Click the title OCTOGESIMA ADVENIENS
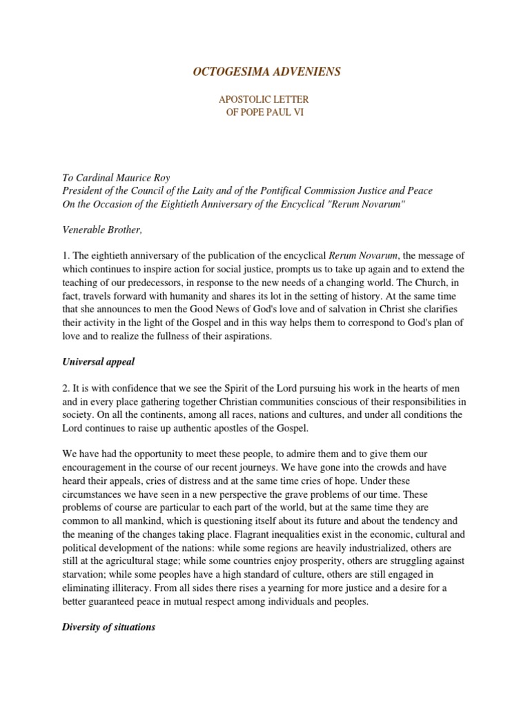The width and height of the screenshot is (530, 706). pyautogui.click(x=266, y=72)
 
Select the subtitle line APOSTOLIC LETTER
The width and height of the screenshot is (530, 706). pyautogui.click(x=265, y=100)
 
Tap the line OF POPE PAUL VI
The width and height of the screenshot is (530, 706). pyautogui.click(x=265, y=113)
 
